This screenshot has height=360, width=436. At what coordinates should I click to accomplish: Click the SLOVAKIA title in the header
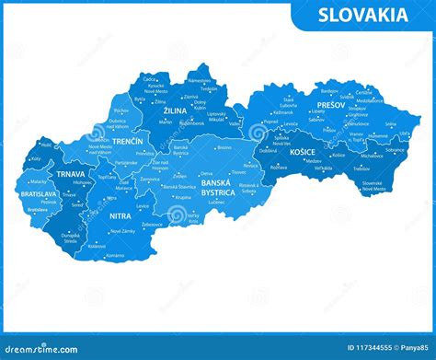(x=363, y=15)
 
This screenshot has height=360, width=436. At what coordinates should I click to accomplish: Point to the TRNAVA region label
(x=71, y=174)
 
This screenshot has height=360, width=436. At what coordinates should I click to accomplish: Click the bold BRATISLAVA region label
(x=38, y=195)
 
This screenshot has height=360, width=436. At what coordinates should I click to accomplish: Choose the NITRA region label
(x=120, y=216)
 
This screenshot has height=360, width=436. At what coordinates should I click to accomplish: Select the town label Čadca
(x=151, y=79)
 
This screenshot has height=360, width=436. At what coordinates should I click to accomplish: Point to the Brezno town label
(x=224, y=147)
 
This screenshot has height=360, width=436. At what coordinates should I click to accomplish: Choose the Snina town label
(x=391, y=124)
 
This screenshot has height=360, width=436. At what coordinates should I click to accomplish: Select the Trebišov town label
(x=361, y=169)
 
